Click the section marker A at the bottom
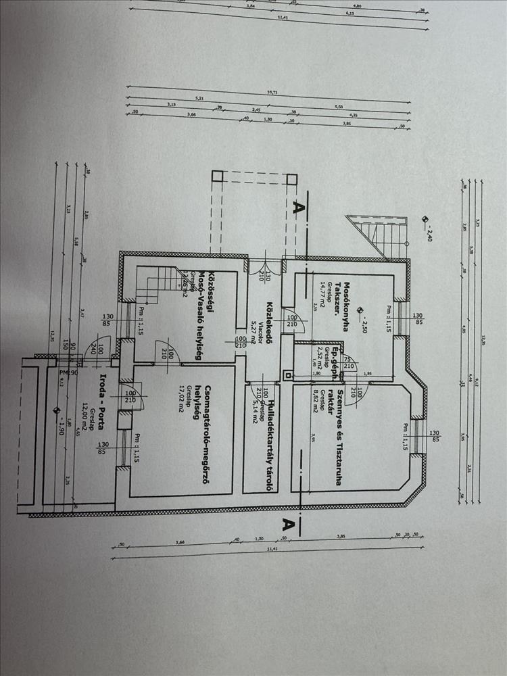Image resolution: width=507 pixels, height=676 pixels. click(287, 523)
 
